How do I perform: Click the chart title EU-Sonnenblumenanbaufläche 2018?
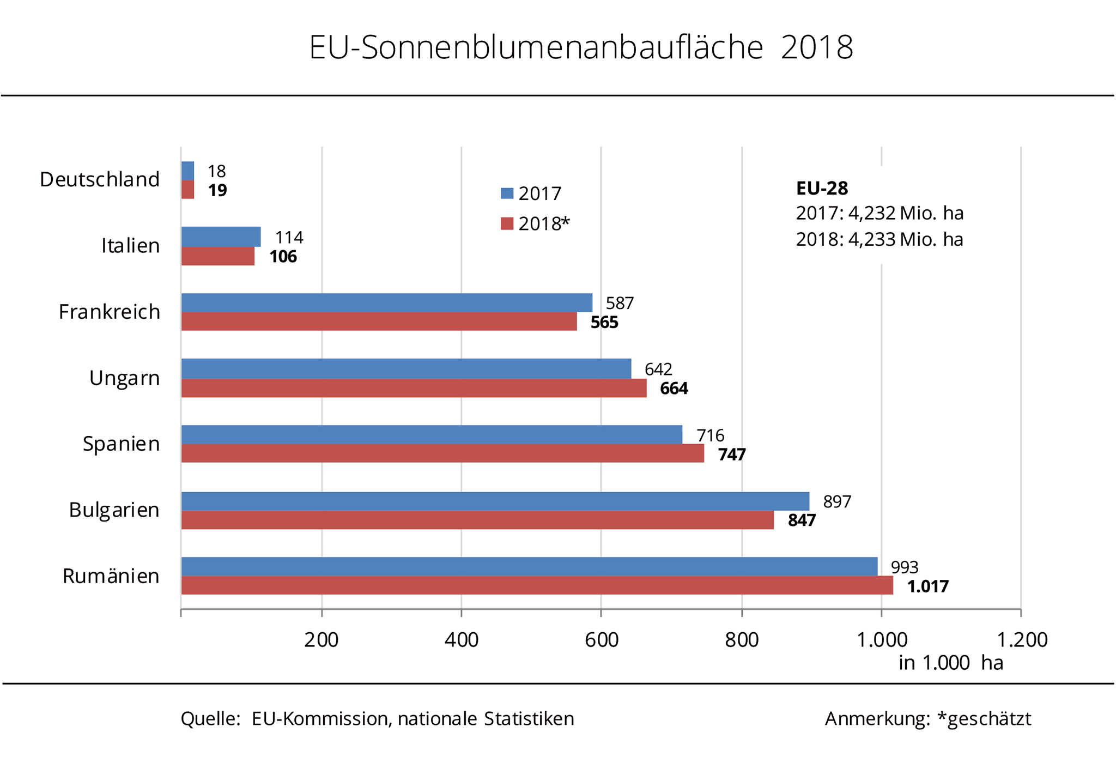click(x=580, y=47)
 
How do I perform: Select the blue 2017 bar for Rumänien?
click(x=529, y=566)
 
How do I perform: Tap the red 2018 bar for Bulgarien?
click(x=477, y=520)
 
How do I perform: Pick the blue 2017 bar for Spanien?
click(x=431, y=434)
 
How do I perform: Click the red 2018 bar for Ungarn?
click(x=414, y=388)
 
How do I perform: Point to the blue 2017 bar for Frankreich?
click(x=386, y=302)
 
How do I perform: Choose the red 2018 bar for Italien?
click(x=217, y=256)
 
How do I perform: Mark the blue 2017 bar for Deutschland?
click(x=187, y=171)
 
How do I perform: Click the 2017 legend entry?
click(x=531, y=193)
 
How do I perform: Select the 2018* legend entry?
click(x=535, y=223)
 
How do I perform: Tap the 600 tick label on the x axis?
click(x=602, y=640)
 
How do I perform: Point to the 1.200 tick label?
click(x=1022, y=640)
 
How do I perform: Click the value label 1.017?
click(x=927, y=586)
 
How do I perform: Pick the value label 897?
click(x=836, y=501)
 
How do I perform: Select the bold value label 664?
click(x=674, y=389)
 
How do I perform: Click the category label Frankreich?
click(x=110, y=312)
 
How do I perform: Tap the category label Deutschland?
click(x=100, y=179)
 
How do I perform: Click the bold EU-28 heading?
click(x=822, y=189)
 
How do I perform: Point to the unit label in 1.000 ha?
click(x=950, y=663)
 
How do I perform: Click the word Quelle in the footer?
click(x=210, y=719)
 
